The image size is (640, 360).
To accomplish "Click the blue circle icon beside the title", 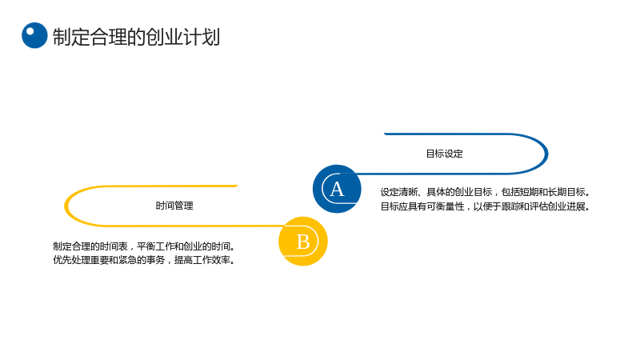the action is point(34,35).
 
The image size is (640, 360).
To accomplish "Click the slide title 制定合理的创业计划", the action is point(136,37).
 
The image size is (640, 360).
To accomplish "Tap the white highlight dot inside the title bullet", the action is point(30,31).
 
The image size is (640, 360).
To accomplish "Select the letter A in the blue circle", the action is point(337,190).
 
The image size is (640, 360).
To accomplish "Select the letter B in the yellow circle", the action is point(303,242).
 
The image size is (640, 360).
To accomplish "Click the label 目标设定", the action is point(445,154).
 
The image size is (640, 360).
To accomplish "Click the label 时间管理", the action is point(174,206).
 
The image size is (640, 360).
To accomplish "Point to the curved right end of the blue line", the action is point(546,154).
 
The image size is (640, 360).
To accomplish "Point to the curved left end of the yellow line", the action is point(66,206).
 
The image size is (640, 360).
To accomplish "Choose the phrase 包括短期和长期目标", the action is point(543,192).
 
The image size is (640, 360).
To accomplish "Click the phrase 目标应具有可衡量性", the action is point(422,206).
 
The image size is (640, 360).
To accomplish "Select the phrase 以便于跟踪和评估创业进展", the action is point(529,206).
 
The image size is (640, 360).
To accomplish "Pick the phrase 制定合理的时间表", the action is point(90,246).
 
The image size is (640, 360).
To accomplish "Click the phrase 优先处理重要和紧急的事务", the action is point(109,260).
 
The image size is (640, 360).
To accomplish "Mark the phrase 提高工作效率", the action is point(202,260).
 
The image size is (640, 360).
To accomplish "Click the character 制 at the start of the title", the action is point(62,37).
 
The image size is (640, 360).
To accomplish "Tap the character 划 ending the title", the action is point(211,37).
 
